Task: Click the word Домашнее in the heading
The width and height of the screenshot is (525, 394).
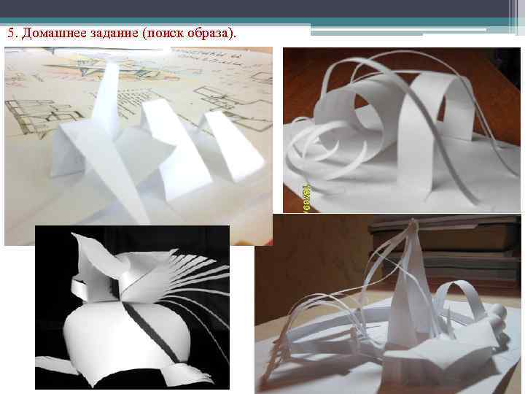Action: pos(50,34)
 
